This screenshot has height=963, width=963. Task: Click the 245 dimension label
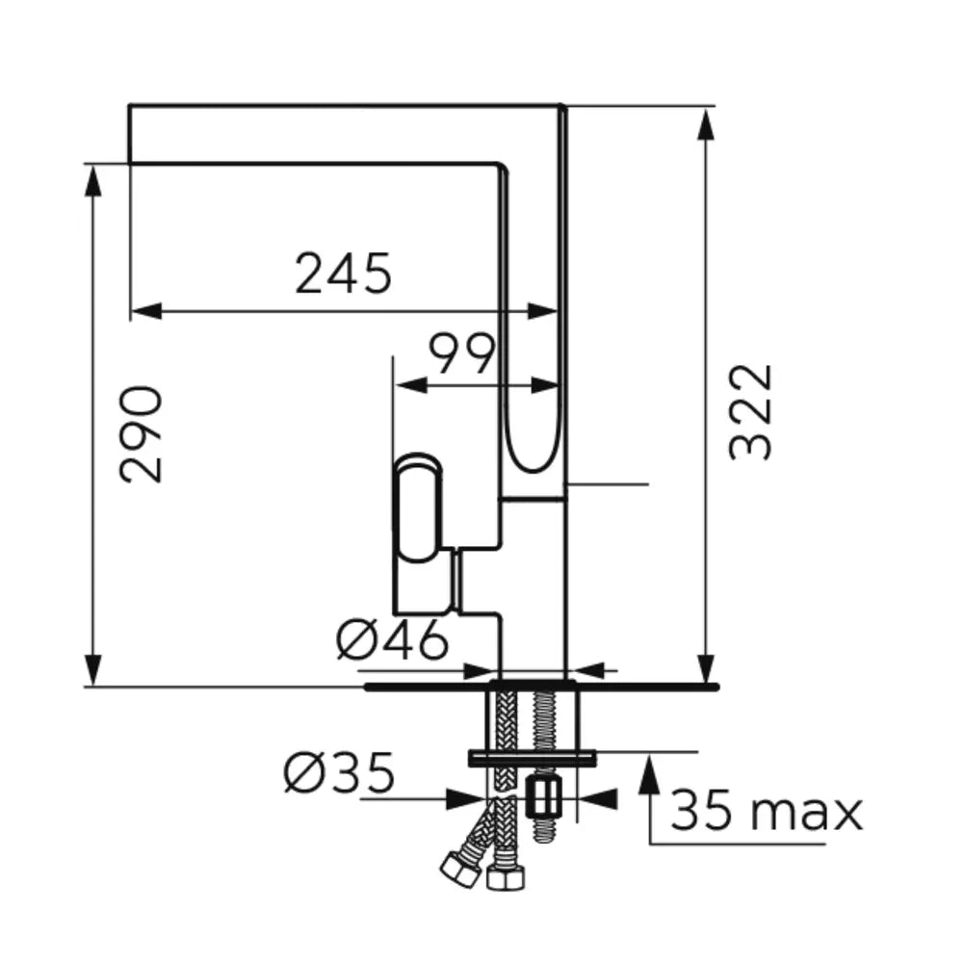[343, 273]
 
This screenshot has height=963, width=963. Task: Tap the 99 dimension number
[461, 353]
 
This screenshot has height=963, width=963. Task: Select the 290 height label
[142, 435]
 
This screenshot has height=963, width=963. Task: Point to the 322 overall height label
[749, 412]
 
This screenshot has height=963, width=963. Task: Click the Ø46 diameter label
[393, 639]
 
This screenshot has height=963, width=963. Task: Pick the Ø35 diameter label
[338, 772]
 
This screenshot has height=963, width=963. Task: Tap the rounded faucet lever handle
[418, 508]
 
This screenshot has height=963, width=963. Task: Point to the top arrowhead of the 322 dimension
[707, 126]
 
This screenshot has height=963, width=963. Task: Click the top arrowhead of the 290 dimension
[92, 181]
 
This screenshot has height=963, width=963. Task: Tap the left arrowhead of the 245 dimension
[146, 311]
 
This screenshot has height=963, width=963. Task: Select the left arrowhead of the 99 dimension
[411, 386]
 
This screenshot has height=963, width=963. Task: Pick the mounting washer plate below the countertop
[532, 759]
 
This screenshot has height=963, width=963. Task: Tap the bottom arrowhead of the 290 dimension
[92, 669]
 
